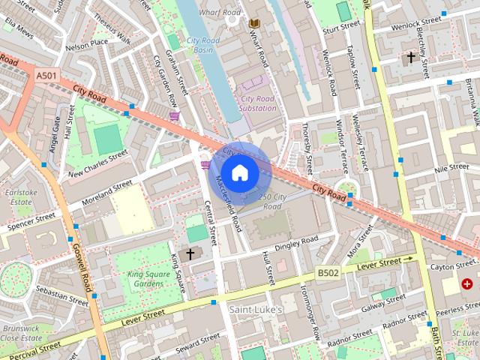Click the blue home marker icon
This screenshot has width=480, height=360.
click(x=239, y=172)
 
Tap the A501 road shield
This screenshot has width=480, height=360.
click(x=45, y=75)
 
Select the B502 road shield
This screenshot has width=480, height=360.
click(x=327, y=274)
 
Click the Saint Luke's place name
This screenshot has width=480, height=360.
click(x=255, y=309)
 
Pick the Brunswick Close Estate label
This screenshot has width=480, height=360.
click(x=20, y=333)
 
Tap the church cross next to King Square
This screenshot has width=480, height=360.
click(x=190, y=254)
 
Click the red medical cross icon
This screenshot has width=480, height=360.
click(x=468, y=284)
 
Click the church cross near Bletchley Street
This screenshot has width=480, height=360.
click(x=410, y=57)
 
